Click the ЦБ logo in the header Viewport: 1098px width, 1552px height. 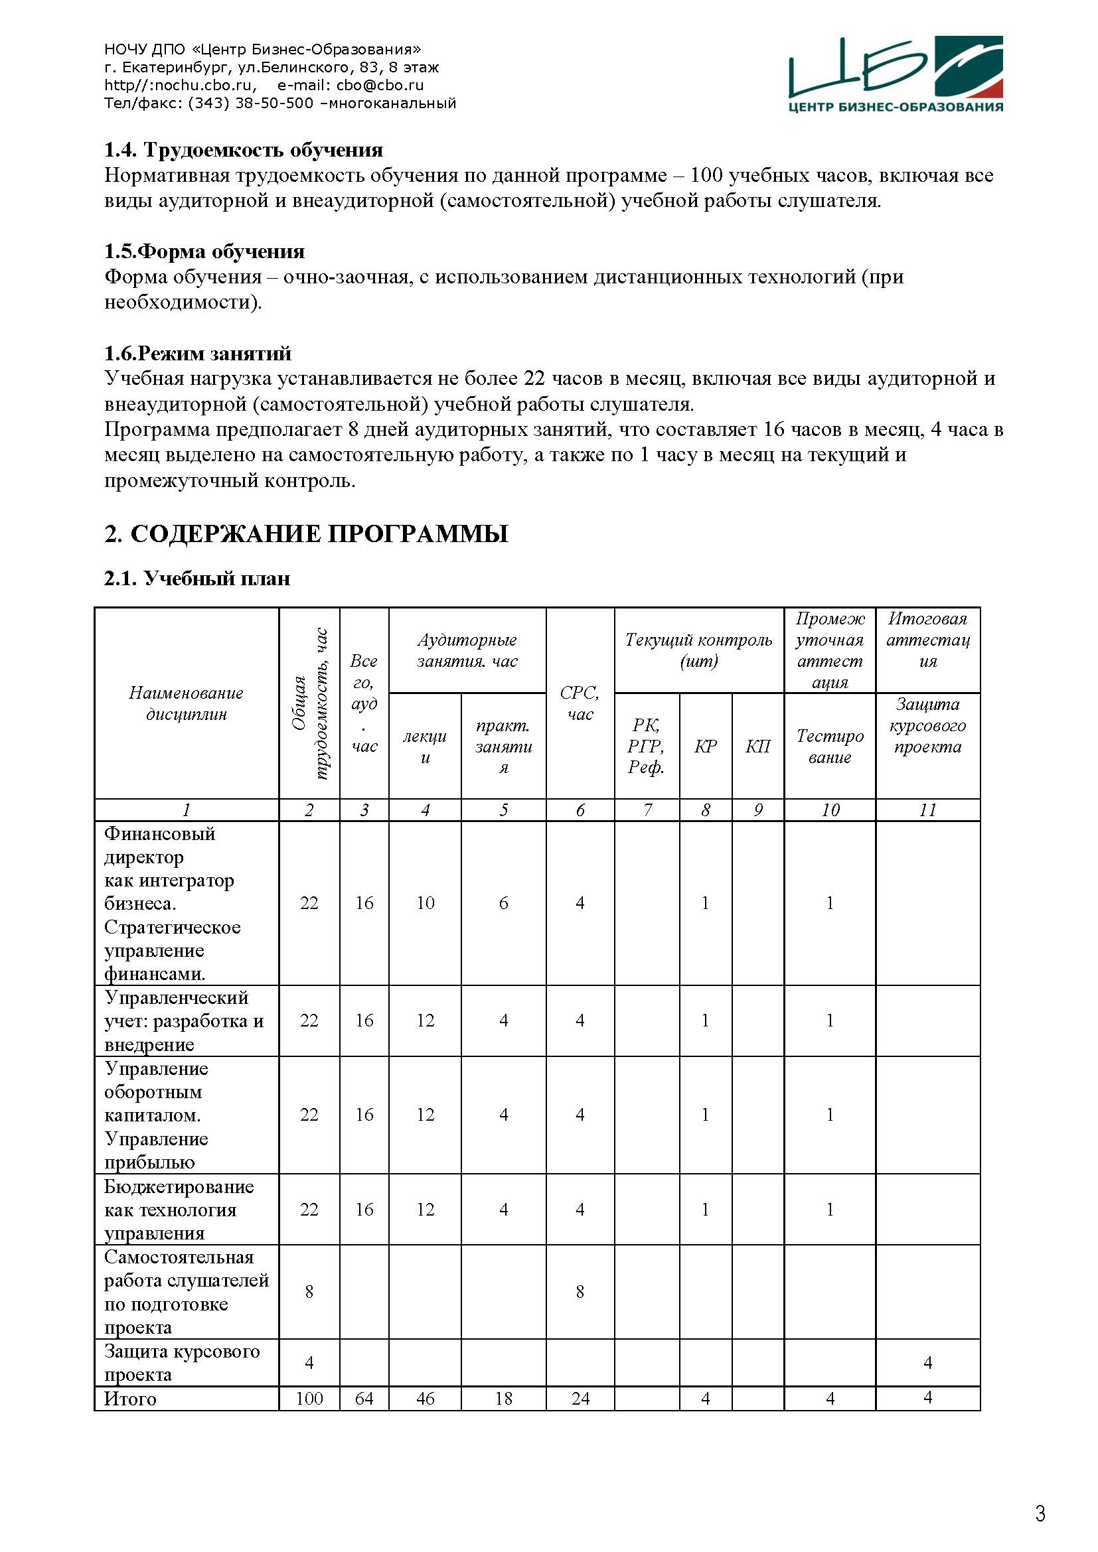click(x=895, y=74)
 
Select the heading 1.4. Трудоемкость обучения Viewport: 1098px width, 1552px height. click(x=244, y=150)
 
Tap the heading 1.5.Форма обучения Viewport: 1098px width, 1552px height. click(x=204, y=251)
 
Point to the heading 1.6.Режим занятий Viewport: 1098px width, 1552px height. click(x=197, y=354)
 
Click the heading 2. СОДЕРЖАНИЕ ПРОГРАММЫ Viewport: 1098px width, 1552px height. click(x=305, y=534)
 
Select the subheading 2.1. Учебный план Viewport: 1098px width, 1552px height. click(x=196, y=579)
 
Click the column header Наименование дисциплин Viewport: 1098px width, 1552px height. click(x=186, y=703)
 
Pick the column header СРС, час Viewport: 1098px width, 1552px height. click(x=580, y=703)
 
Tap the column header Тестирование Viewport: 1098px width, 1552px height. click(x=830, y=746)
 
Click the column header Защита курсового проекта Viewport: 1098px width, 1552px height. click(x=927, y=725)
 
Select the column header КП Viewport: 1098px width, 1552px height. click(x=758, y=746)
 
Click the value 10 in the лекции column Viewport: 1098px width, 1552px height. click(x=426, y=903)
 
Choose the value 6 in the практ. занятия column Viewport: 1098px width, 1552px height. click(x=504, y=903)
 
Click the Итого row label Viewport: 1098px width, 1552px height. click(x=130, y=1399)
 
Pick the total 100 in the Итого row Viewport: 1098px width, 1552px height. click(x=309, y=1399)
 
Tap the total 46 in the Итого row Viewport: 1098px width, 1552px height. click(x=426, y=1399)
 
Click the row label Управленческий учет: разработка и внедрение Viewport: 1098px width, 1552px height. click(x=183, y=1021)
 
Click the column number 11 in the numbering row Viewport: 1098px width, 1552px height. click(x=927, y=810)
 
